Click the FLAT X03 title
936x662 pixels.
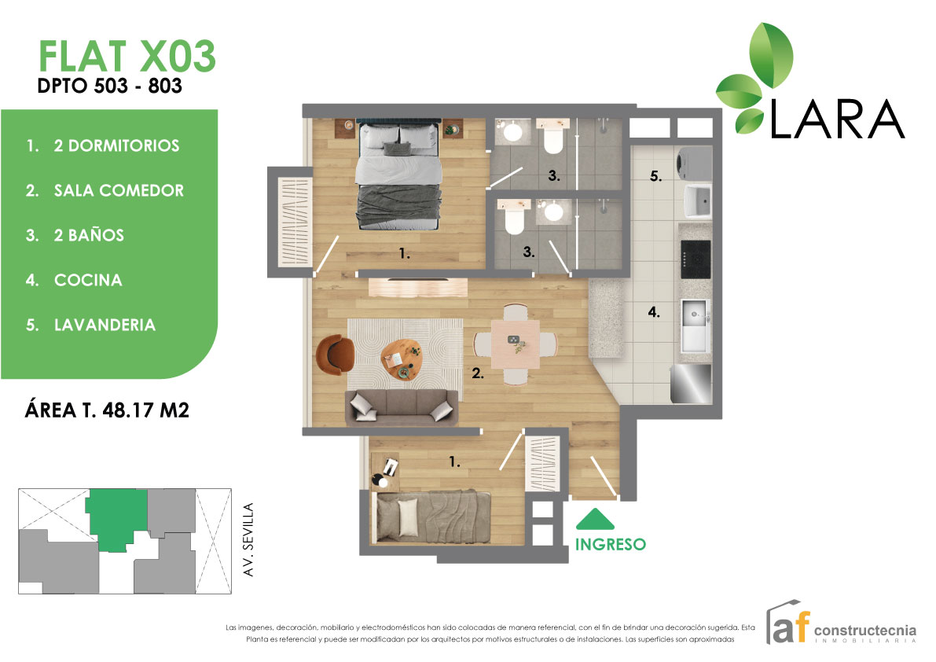tap(127, 56)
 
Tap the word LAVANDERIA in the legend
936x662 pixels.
tap(105, 325)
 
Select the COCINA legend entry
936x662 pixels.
tap(88, 280)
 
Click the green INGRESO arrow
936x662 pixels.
tap(595, 519)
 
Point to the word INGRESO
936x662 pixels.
tap(610, 544)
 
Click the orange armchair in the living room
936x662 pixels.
tap(335, 355)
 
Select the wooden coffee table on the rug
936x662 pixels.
tap(402, 359)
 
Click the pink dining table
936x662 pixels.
tap(516, 344)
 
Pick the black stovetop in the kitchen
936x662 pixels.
tap(696, 259)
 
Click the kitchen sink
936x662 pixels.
tap(696, 325)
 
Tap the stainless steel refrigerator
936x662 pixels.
tap(691, 384)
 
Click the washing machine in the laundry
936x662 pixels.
tap(694, 163)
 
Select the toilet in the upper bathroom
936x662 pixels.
tap(553, 136)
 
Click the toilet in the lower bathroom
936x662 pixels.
tap(514, 217)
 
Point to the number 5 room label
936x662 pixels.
tap(655, 176)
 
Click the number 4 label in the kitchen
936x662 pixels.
tap(654, 311)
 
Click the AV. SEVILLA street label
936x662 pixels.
tap(248, 539)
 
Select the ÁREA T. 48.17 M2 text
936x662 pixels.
tap(107, 410)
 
